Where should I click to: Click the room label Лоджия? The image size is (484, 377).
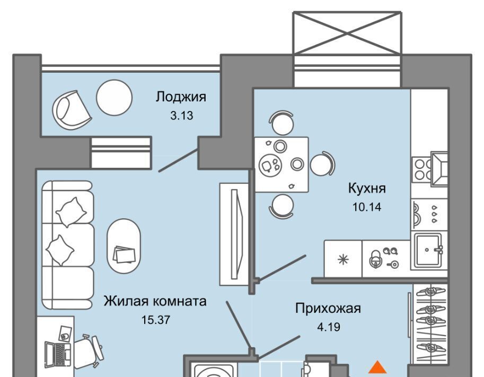point(180,97)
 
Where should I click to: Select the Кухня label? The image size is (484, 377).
point(366,188)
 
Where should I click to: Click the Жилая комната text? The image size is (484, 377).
point(155,302)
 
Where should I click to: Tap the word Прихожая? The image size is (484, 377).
point(328,308)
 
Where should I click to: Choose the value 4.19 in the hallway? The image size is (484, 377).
point(328,326)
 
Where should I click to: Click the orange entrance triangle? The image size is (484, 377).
point(377,367)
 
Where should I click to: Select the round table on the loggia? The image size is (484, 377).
point(113,97)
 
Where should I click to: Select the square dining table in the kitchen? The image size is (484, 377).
point(280,164)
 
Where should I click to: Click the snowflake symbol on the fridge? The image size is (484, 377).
point(343,259)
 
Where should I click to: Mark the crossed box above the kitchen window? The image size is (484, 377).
point(346,32)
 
